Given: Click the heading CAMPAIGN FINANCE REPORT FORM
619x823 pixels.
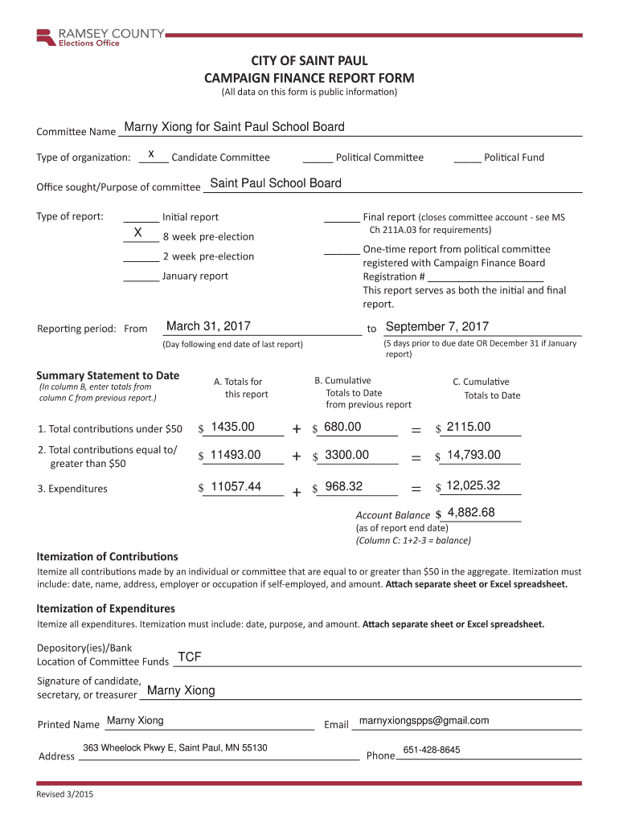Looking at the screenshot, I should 309,78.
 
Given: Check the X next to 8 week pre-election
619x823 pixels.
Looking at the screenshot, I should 138,234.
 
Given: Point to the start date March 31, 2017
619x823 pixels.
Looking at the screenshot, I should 208,326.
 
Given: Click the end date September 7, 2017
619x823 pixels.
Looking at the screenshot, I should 437,326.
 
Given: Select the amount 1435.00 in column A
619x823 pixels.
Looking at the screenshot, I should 233,427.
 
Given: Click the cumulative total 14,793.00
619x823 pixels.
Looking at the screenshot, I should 473,455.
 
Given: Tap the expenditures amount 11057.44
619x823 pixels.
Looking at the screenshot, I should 236,485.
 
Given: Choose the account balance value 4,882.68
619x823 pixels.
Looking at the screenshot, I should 471,513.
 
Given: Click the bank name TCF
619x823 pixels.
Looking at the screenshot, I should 189,657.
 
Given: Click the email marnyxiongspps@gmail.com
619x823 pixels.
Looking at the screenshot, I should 424,720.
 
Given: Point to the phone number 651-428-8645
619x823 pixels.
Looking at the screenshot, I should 432,750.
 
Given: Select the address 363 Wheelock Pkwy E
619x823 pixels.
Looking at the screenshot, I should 175,748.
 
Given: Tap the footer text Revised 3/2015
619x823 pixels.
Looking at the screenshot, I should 65,795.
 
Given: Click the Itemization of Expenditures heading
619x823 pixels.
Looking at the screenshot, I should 106,608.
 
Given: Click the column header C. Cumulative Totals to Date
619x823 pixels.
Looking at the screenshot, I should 486,388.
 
